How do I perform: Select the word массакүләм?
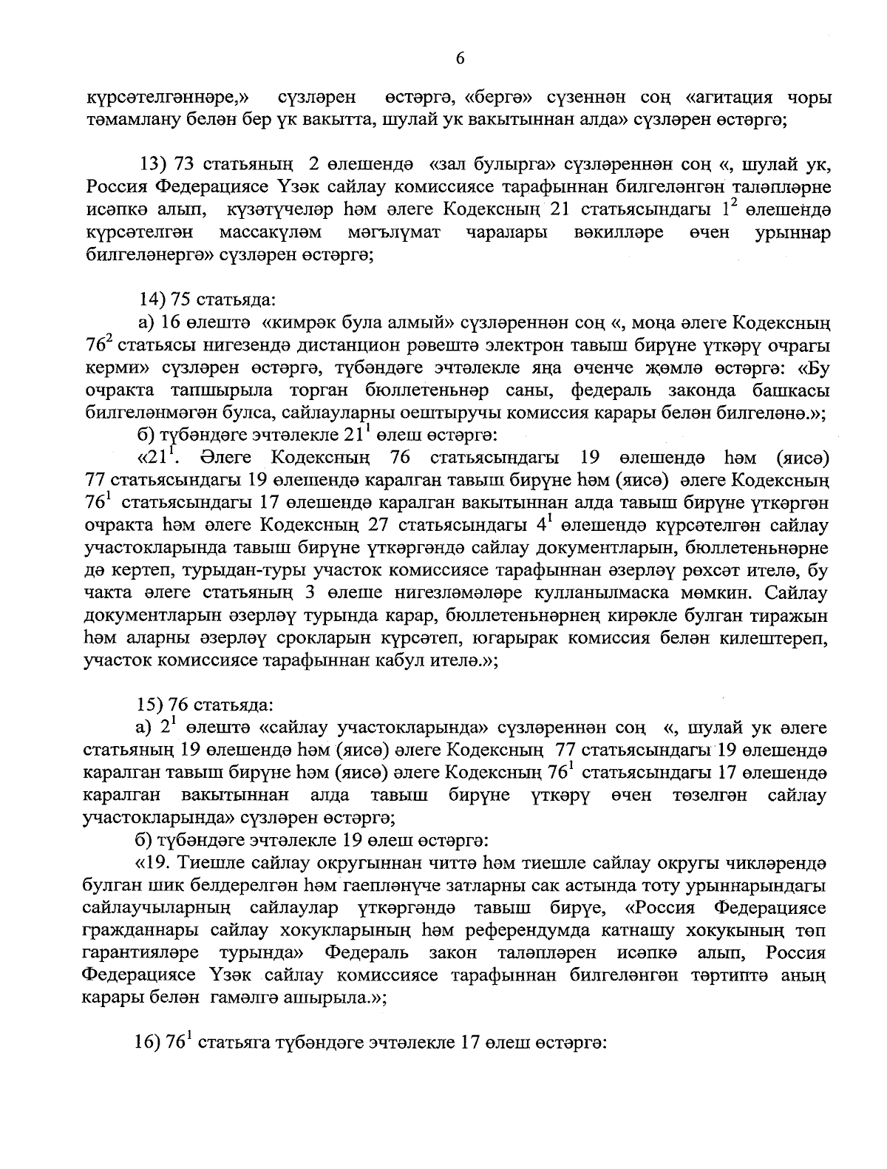[x=270, y=233]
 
